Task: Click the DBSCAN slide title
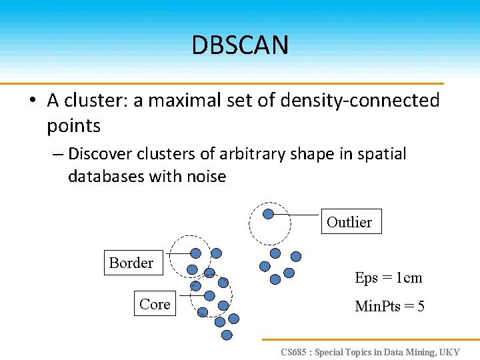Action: tap(240, 45)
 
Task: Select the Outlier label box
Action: tap(349, 222)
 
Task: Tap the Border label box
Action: tap(131, 263)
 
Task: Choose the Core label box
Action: tap(155, 304)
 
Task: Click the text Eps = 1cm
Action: tap(389, 277)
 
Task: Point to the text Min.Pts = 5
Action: tap(390, 306)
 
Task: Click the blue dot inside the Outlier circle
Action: tap(268, 214)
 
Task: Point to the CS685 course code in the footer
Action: tap(294, 351)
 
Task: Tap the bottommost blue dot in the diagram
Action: tap(227, 335)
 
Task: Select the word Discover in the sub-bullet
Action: tap(100, 154)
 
